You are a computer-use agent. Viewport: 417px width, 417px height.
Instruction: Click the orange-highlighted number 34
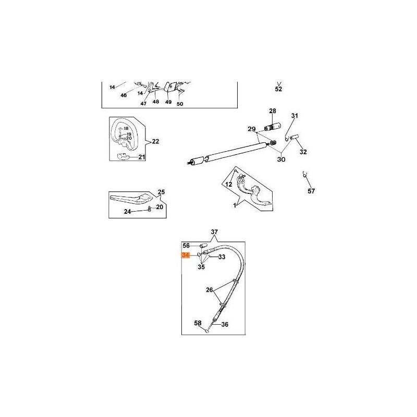[186, 255]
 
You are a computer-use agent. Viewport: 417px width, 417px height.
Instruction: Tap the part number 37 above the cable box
[214, 232]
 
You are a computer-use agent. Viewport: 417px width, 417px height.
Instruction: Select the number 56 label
[186, 246]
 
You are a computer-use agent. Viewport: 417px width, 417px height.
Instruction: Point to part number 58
[198, 323]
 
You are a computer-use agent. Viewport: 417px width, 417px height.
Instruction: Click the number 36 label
[225, 324]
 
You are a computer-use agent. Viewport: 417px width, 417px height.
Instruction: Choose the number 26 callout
[210, 290]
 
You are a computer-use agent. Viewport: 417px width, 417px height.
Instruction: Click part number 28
[273, 111]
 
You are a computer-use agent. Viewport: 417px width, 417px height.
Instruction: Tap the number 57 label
[311, 191]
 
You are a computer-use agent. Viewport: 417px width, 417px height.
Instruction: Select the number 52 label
[278, 89]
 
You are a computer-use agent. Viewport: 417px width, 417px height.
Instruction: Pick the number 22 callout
[155, 141]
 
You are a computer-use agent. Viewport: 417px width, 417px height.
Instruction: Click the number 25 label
[161, 192]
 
